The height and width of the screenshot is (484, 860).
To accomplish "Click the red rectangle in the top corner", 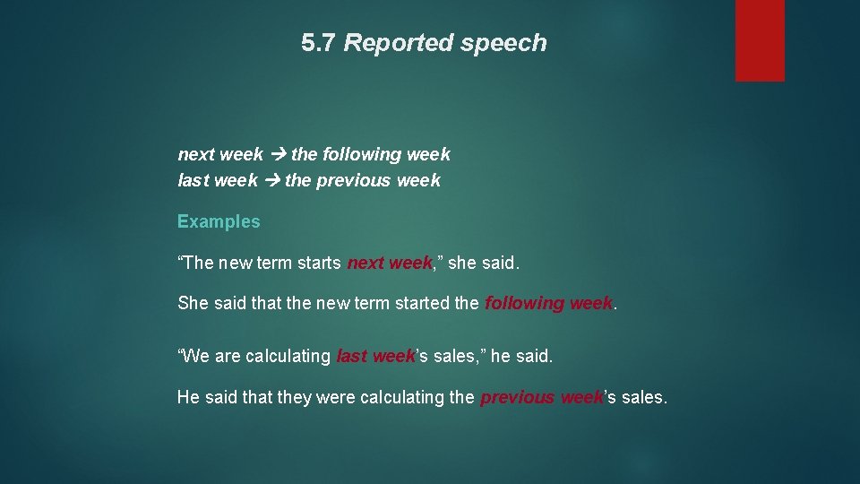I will (x=760, y=39).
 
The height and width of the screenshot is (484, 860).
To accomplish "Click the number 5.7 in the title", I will (x=319, y=43).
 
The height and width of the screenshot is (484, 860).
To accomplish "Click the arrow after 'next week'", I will (x=278, y=154).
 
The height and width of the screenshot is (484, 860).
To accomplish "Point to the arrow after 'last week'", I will (x=271, y=180).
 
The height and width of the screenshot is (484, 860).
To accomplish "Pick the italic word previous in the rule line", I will (x=354, y=180).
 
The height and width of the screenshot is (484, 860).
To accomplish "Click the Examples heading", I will (x=219, y=221).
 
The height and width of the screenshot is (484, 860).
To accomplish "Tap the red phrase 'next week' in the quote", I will (x=390, y=264).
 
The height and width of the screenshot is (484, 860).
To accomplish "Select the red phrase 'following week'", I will (x=548, y=303).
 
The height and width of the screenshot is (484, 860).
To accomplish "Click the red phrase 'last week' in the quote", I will (x=376, y=356).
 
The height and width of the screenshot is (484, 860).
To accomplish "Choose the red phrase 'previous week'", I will (x=542, y=397).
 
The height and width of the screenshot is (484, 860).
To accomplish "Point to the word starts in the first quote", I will (x=317, y=264).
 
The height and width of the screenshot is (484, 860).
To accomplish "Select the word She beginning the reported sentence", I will (x=193, y=303).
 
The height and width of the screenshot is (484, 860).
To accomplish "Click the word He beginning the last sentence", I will (x=188, y=397).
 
